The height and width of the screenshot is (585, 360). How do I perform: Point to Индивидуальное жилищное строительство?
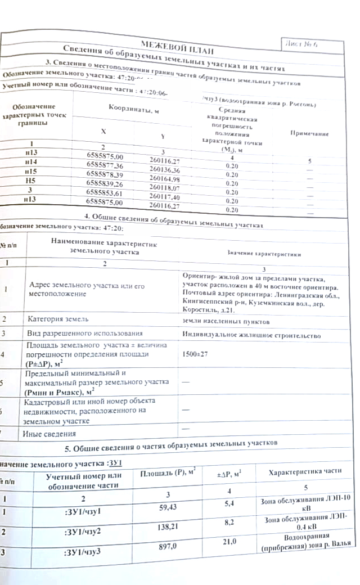pyautogui.click(x=251, y=336)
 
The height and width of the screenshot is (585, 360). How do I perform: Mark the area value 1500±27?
pyautogui.click(x=196, y=355)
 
